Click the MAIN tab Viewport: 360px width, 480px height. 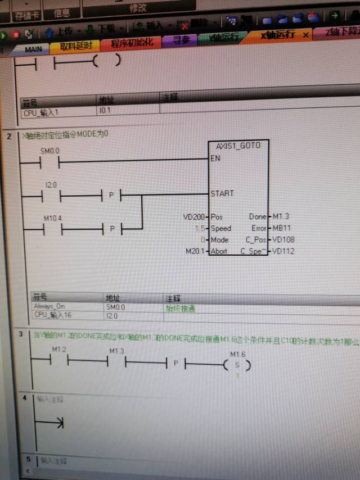(33, 49)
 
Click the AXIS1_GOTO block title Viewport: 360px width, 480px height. (238, 145)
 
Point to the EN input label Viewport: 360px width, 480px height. (215, 158)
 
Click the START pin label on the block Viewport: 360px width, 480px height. (222, 193)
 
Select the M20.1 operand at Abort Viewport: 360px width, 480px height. (195, 251)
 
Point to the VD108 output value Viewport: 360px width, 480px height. (283, 239)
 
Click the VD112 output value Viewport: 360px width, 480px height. (283, 251)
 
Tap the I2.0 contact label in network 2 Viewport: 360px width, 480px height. (51, 184)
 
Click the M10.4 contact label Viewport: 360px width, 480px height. (53, 218)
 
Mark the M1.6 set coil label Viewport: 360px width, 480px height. (238, 354)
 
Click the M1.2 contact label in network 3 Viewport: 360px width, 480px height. (59, 350)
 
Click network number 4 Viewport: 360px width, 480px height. (24, 398)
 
